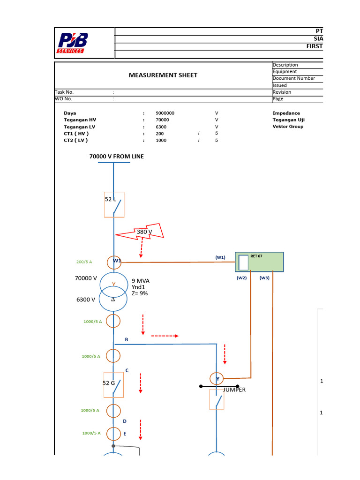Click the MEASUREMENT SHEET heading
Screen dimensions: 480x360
pyautogui.click(x=163, y=75)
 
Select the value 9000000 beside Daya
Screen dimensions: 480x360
pyautogui.click(x=165, y=113)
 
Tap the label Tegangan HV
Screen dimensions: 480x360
pyautogui.click(x=80, y=120)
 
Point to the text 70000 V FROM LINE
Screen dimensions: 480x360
pyautogui.click(x=116, y=157)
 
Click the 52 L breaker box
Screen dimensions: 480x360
pyautogui.click(x=114, y=204)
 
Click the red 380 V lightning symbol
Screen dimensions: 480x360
pyautogui.click(x=141, y=232)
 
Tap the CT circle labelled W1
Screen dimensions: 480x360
pyautogui.click(x=113, y=262)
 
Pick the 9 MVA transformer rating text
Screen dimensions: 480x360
pyautogui.click(x=141, y=281)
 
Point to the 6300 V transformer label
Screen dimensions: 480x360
pyautogui.click(x=86, y=300)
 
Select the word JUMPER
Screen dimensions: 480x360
pyautogui.click(x=234, y=390)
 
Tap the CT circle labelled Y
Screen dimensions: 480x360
pyautogui.click(x=216, y=378)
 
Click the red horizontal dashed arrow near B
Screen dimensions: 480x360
pyautogui.click(x=165, y=336)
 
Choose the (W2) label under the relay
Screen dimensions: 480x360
pyautogui.click(x=241, y=278)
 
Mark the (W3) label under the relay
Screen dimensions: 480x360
pyautogui.click(x=264, y=278)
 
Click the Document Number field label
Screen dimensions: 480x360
pyautogui.click(x=293, y=79)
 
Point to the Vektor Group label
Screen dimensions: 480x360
pyautogui.click(x=288, y=127)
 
